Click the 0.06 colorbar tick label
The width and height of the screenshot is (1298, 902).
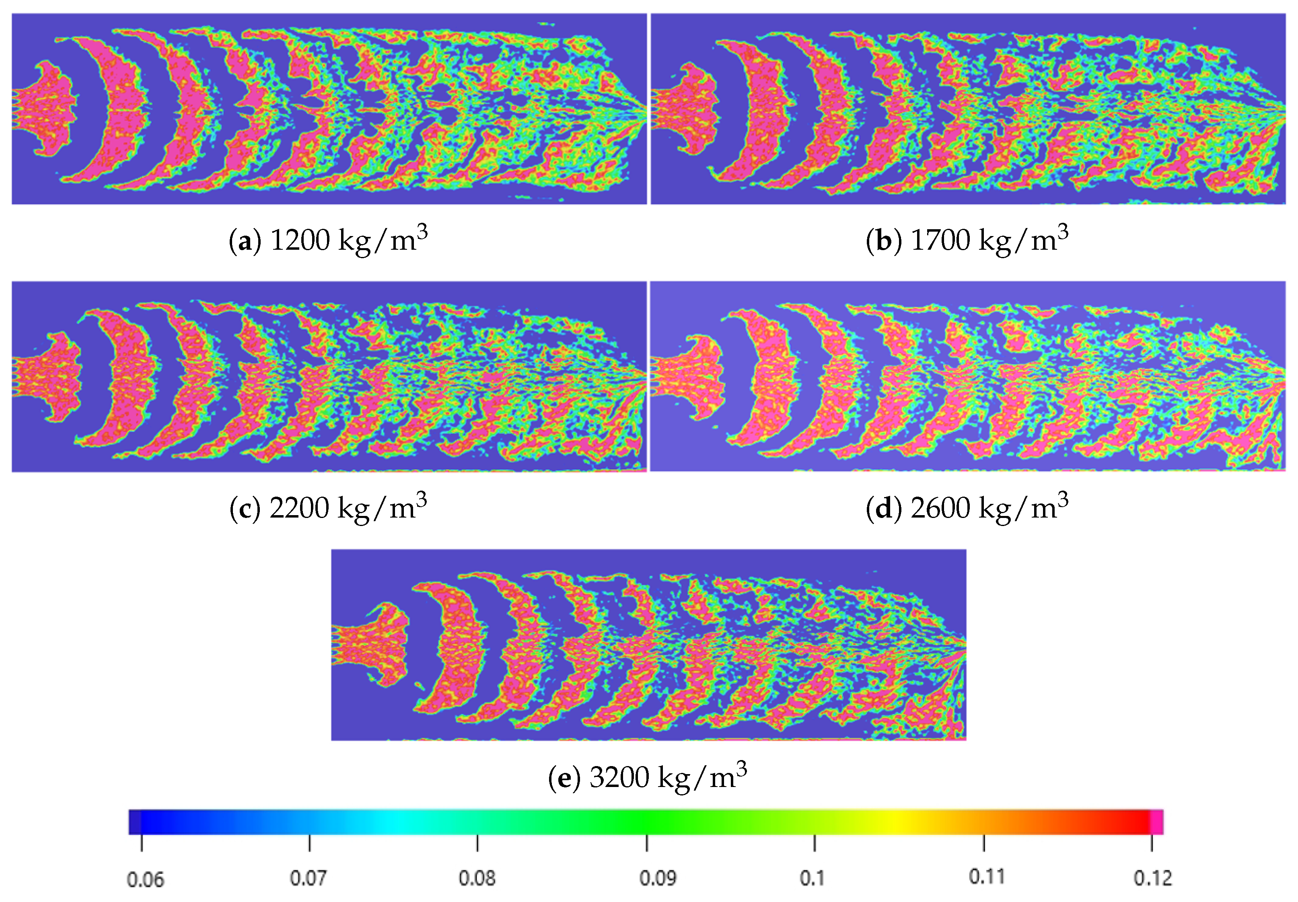145,879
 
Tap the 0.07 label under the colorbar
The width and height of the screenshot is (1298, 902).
308,878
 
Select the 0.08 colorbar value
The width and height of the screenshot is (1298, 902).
477,878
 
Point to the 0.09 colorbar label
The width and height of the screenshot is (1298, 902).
658,878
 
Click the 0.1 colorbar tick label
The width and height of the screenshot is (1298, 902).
812,878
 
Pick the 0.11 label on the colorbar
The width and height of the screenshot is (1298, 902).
987,877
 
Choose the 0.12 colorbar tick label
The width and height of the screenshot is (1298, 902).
1153,878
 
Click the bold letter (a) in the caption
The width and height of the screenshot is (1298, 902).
245,241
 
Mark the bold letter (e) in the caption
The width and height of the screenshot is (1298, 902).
565,778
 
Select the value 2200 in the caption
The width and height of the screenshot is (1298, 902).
299,508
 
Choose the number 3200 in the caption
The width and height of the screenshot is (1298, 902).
619,778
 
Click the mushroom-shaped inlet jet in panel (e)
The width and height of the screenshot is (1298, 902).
376,644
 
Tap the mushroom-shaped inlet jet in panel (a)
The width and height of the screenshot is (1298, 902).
48,109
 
